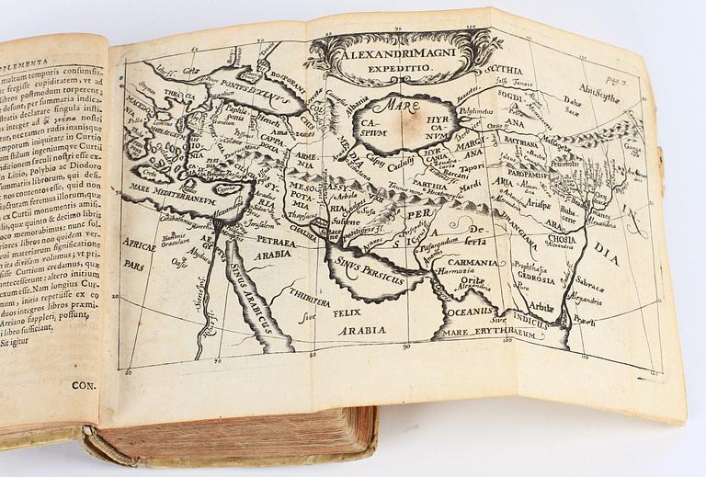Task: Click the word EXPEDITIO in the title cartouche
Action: coord(404,68)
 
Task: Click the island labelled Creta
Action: coord(148,173)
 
